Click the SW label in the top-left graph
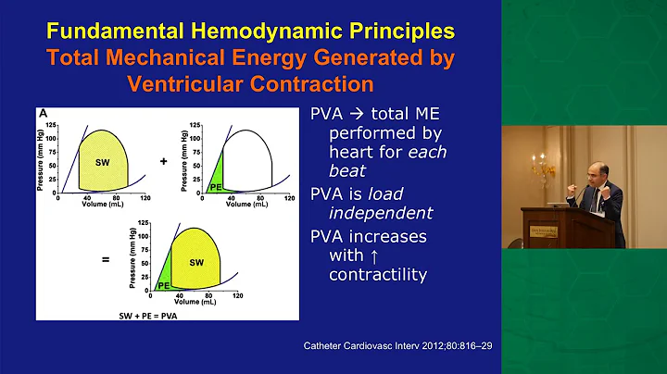104,162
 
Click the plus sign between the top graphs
162,160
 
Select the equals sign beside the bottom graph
107,261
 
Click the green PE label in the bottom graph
162,286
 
